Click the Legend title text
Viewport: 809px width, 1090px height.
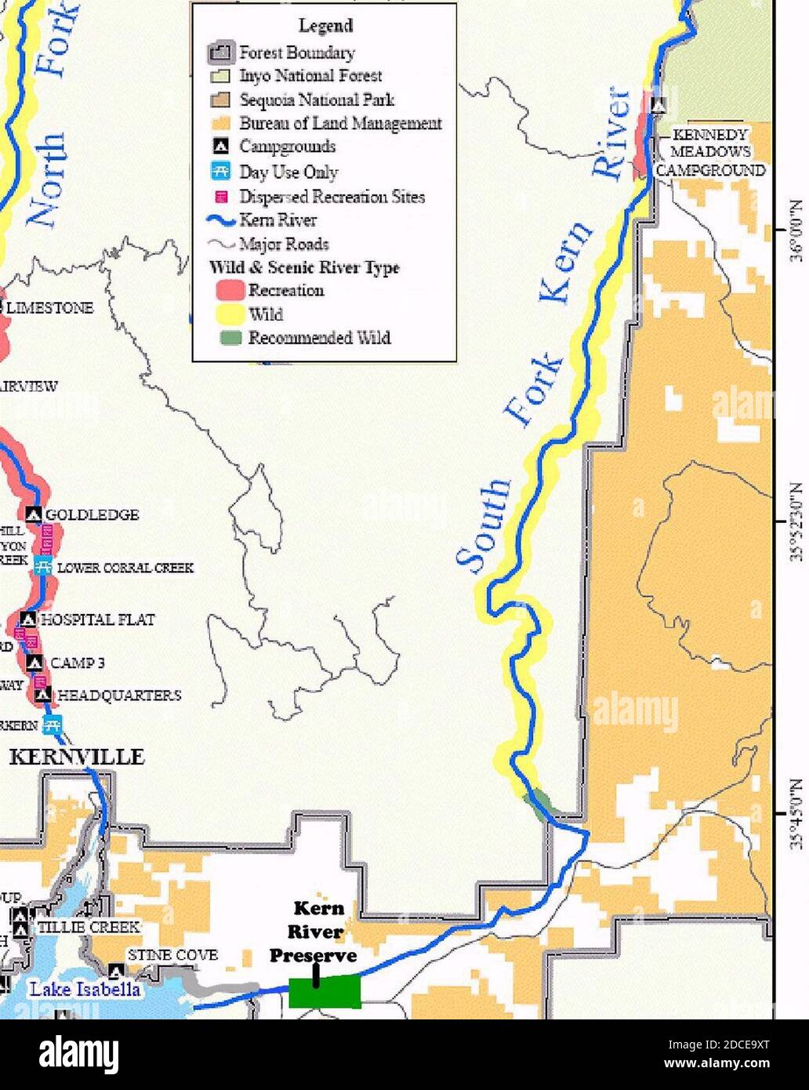[x=325, y=26]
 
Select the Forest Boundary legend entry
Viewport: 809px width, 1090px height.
[x=296, y=53]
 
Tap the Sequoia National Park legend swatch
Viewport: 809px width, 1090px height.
[x=221, y=100]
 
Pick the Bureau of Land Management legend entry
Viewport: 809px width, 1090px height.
[x=340, y=123]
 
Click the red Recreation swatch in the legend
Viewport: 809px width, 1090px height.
[x=230, y=290]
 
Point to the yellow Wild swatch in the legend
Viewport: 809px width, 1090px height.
[x=230, y=314]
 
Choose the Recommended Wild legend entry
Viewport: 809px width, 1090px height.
[x=318, y=338]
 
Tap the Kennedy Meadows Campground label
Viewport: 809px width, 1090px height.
[x=710, y=153]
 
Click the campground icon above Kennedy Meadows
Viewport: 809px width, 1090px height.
[x=658, y=104]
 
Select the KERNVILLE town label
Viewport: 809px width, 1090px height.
[x=77, y=757]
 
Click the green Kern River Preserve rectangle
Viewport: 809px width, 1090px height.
[x=325, y=992]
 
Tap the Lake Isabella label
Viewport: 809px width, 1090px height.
[x=85, y=989]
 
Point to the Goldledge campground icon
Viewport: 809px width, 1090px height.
[x=33, y=514]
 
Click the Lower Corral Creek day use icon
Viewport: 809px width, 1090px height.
[x=44, y=567]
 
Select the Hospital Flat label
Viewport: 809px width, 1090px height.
[x=98, y=619]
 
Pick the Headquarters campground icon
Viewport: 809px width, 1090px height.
[x=44, y=695]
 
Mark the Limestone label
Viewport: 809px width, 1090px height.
[x=50, y=308]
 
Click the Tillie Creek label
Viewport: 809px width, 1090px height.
[x=89, y=927]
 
